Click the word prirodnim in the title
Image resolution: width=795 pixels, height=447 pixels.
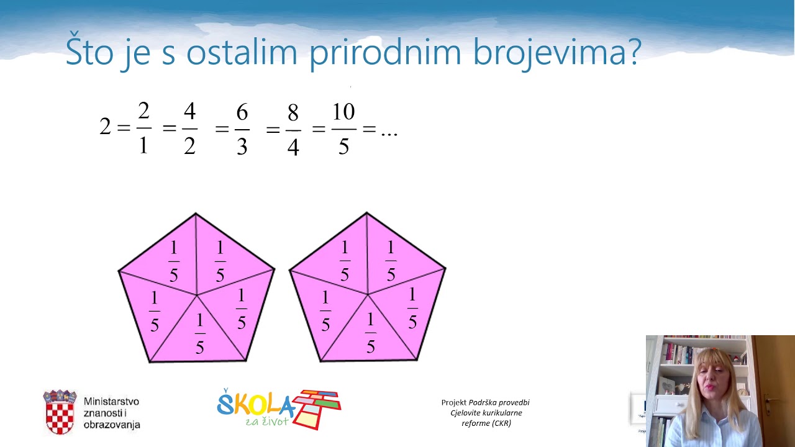(385, 52)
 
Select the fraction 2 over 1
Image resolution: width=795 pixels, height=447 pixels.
(143, 128)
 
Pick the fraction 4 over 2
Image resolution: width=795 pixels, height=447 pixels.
(189, 129)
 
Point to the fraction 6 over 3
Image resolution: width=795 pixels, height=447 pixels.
(242, 129)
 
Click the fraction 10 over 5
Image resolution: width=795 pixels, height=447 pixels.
(343, 129)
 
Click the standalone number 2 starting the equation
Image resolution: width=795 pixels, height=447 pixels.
(105, 127)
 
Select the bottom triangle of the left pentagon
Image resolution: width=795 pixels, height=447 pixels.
(199, 335)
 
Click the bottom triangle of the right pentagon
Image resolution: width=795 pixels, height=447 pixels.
(370, 335)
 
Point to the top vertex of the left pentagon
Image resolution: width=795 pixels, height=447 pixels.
(196, 214)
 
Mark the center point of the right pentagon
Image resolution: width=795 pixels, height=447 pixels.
(368, 294)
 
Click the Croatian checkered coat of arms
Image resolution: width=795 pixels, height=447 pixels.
(60, 412)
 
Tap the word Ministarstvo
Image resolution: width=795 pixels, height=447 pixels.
(111, 402)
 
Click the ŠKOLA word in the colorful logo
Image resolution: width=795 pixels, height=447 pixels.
(255, 405)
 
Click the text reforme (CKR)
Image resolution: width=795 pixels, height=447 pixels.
(486, 423)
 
